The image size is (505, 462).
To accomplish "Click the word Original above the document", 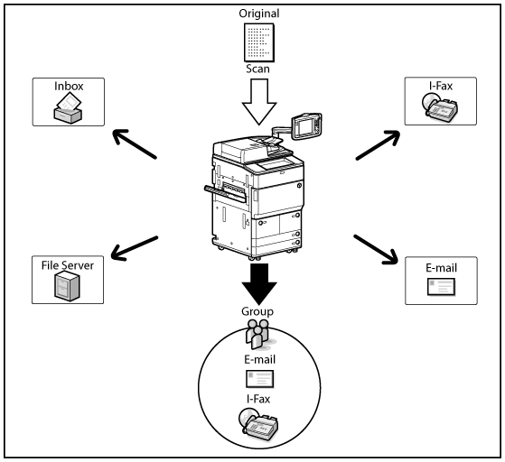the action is click(x=259, y=14).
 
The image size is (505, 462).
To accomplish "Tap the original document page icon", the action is click(x=259, y=42).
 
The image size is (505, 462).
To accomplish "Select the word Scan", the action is click(x=257, y=69).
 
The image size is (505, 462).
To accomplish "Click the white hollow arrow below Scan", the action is click(x=259, y=102).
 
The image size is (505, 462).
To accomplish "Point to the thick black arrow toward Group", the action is click(x=259, y=284).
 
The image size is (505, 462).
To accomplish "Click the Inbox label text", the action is click(x=69, y=87).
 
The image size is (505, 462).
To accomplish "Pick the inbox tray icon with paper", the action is click(x=68, y=107).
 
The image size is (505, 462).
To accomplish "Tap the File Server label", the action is click(x=68, y=265).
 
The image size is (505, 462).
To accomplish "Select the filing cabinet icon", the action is click(x=67, y=286).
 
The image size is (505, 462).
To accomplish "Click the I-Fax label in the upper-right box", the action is click(x=441, y=86).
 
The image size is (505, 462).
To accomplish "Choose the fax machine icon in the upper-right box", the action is click(x=440, y=106).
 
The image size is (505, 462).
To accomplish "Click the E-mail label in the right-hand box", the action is click(x=441, y=268).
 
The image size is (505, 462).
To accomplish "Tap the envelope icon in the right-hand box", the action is click(x=441, y=287).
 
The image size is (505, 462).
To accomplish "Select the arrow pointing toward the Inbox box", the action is click(x=135, y=143).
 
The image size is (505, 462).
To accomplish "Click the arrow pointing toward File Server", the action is click(x=135, y=248).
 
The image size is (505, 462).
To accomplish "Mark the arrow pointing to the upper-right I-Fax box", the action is click(x=378, y=145).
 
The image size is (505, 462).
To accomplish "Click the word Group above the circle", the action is click(x=257, y=311).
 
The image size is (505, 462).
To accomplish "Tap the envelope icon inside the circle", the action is click(x=259, y=379).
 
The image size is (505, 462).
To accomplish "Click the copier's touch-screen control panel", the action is click(x=306, y=126).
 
